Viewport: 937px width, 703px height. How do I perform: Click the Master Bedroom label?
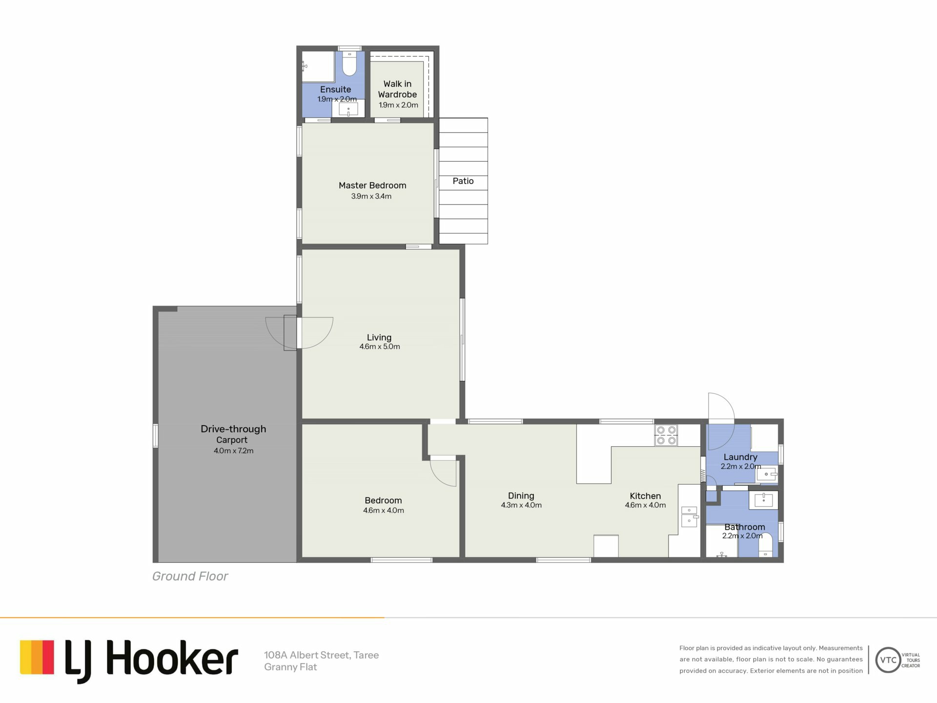click(372, 186)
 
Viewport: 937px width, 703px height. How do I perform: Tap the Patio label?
click(463, 181)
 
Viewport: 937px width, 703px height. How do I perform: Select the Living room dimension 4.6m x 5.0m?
click(380, 347)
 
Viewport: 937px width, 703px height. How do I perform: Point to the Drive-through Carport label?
click(233, 434)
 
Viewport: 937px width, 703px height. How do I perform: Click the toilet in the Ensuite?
click(349, 63)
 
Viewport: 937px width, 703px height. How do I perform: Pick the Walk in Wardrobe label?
click(397, 89)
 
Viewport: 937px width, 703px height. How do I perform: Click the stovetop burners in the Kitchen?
click(666, 435)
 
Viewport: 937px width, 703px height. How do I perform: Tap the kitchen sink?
click(689, 517)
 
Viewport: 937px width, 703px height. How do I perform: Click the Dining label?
click(521, 496)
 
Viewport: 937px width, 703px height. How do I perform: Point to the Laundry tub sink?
click(767, 474)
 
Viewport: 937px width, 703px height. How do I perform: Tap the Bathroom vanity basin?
click(763, 499)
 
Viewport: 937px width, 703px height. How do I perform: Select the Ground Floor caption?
click(190, 576)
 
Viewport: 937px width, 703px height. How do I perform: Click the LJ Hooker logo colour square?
click(37, 657)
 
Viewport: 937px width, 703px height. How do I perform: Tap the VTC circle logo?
click(888, 660)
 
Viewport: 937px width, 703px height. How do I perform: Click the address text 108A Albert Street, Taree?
click(322, 655)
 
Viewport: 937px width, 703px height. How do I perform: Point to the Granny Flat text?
click(290, 667)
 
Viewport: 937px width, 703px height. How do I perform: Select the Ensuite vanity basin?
click(348, 109)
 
